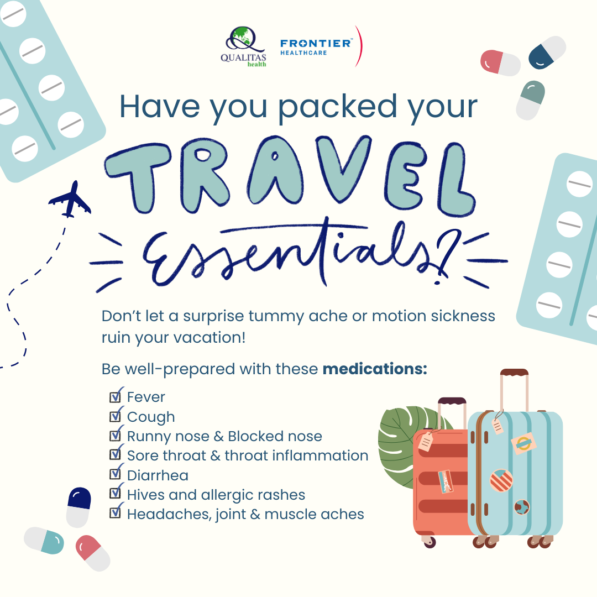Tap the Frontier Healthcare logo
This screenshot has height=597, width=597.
click(321, 46)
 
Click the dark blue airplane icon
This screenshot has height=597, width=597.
click(70, 200)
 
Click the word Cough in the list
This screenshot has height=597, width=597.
click(151, 417)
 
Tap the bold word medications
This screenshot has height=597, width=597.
click(375, 369)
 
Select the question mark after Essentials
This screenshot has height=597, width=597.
click(446, 255)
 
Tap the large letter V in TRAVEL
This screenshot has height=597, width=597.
click(343, 168)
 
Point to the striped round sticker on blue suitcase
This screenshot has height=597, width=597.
click(501, 480)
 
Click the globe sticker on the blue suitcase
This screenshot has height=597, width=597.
click(522, 507)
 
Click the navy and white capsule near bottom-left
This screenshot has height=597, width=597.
click(79, 507)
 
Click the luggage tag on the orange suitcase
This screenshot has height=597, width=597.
click(426, 442)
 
